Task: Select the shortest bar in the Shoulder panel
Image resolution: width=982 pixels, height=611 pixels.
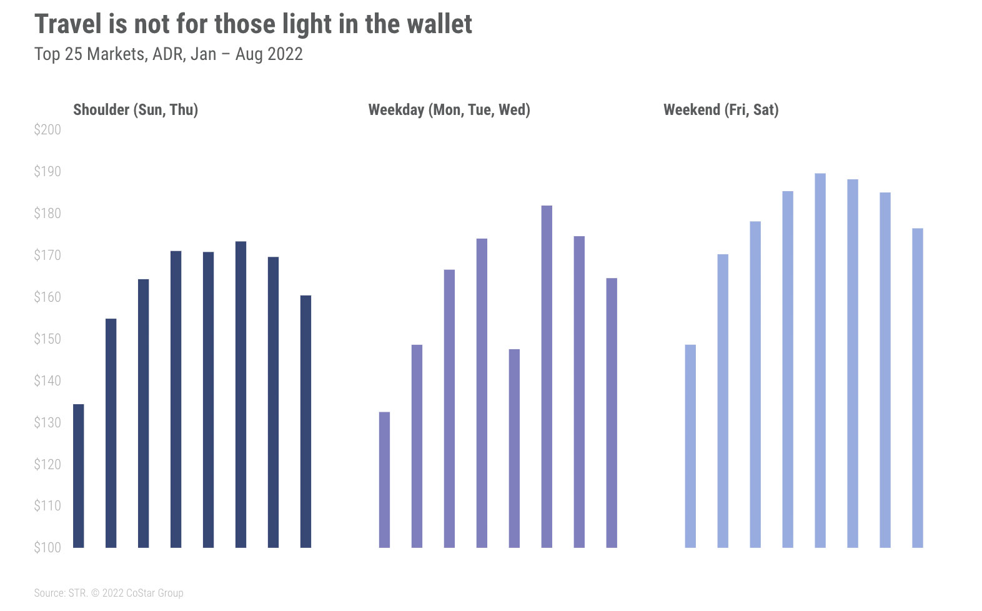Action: [79, 475]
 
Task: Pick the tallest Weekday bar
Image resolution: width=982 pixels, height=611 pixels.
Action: [547, 376]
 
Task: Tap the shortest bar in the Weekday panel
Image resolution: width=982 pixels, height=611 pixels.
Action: [384, 479]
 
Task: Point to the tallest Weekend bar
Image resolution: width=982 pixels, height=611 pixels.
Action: [820, 360]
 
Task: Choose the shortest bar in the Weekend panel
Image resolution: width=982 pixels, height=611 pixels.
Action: [690, 445]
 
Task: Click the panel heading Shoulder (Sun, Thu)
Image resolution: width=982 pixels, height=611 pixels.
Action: [136, 110]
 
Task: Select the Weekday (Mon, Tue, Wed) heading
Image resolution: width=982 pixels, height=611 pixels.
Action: [449, 110]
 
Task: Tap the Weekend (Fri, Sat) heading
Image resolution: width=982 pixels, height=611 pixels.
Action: [721, 110]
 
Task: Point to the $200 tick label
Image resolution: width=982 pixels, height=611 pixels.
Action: [47, 130]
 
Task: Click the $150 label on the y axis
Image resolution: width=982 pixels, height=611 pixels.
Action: [47, 339]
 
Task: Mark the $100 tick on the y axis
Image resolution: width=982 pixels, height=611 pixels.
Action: [47, 548]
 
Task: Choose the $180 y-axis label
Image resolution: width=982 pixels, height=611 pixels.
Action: [47, 214]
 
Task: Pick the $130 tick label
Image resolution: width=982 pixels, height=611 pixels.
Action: [47, 423]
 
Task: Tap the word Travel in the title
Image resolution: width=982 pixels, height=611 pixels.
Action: [67, 24]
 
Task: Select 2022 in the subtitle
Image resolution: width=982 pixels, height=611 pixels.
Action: [285, 54]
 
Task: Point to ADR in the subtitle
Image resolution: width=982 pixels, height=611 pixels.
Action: [167, 54]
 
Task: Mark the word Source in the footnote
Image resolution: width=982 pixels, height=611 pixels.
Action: [49, 593]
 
